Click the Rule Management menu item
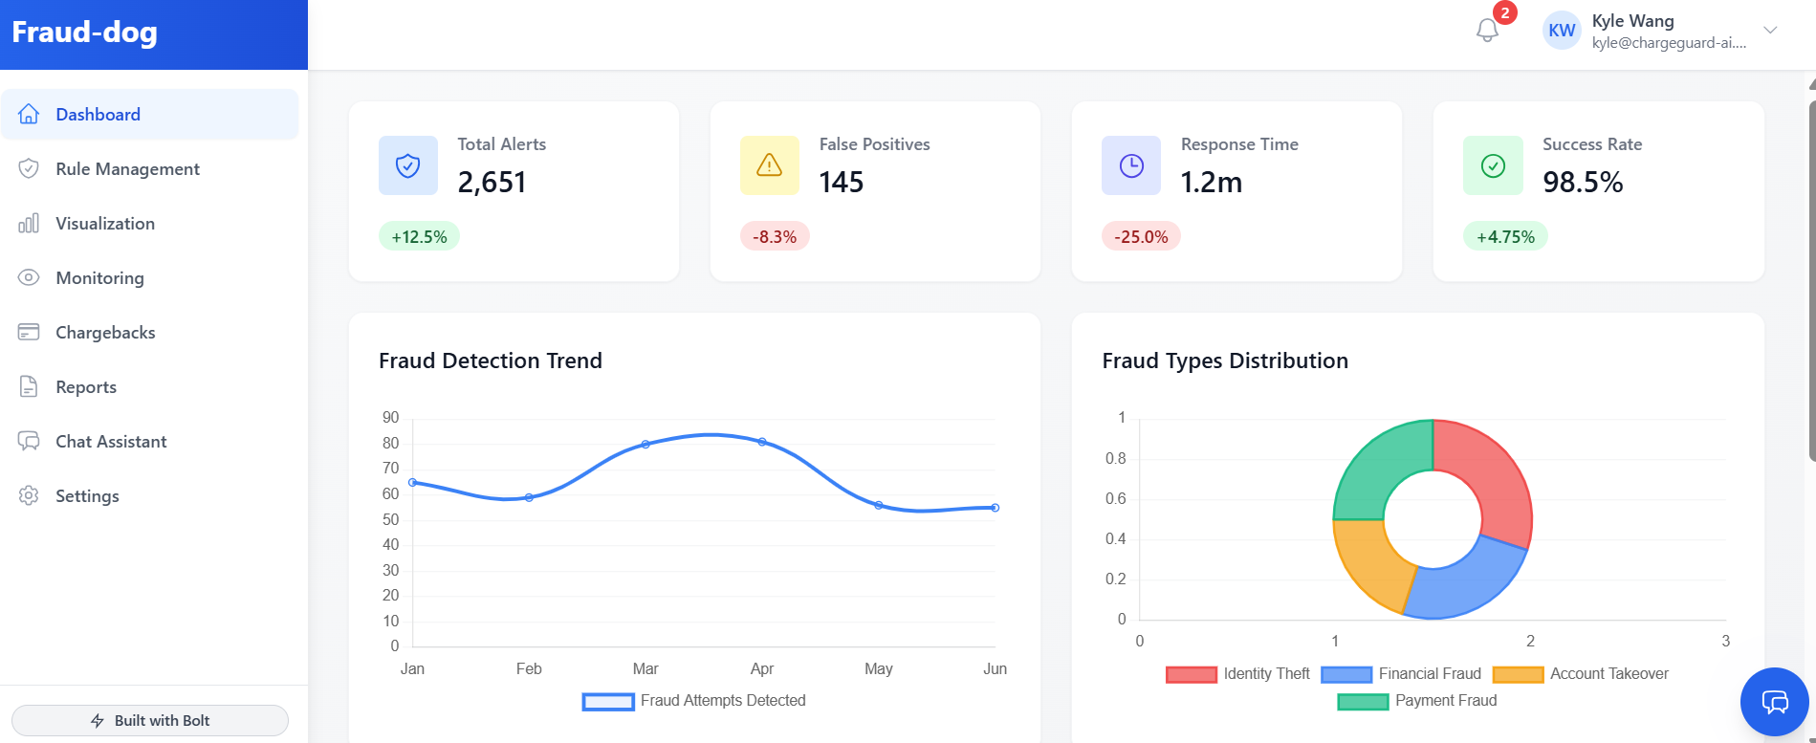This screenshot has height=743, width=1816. pos(127,169)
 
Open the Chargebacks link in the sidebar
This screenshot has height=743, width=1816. pos(105,333)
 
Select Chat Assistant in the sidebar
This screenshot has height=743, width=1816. pos(111,442)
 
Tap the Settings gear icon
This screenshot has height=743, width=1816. pos(29,496)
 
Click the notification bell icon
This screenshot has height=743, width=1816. pos(1487,31)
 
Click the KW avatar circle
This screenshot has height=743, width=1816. pos(1562,31)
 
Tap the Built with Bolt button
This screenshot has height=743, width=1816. pos(150,720)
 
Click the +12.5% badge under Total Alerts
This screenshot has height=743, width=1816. pos(419,237)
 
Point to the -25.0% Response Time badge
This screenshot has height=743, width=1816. pos(1141,237)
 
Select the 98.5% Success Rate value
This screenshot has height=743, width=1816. pos(1583,182)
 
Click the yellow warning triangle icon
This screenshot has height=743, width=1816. pos(769,165)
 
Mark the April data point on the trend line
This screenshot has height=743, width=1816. pos(762,442)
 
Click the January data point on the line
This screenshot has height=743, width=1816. pos(412,482)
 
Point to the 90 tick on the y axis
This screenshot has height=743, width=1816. pos(390,418)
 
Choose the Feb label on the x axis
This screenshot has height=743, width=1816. pos(529,669)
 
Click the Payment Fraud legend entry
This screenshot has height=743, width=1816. pos(1417,701)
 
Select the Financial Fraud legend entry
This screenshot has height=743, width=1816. pos(1401,674)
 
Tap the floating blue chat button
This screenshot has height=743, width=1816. pos(1774,702)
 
